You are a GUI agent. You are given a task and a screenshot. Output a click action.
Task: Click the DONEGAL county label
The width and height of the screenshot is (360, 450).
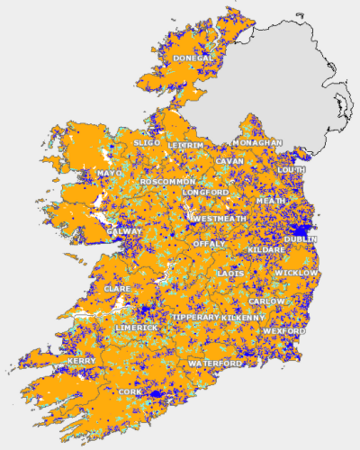(193, 58)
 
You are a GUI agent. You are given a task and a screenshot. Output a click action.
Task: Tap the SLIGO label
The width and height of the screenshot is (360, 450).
(147, 143)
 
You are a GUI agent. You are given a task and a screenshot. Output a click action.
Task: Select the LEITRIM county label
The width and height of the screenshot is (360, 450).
(186, 145)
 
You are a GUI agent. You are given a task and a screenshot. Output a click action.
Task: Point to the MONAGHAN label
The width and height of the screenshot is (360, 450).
(258, 143)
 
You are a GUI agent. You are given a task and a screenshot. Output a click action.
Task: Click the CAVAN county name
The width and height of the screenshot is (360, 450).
(230, 161)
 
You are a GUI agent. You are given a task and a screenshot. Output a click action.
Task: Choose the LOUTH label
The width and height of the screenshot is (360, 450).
(292, 169)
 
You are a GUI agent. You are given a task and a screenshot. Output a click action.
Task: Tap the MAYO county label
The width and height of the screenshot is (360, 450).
(109, 174)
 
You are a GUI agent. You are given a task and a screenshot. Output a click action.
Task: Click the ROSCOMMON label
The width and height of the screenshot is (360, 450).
(168, 182)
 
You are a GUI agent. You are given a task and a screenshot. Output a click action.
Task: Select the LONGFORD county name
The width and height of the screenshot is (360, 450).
(205, 192)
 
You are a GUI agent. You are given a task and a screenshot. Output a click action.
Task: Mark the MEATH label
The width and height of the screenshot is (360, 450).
(271, 200)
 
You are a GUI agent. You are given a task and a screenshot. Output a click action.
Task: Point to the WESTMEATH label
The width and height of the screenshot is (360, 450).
(219, 219)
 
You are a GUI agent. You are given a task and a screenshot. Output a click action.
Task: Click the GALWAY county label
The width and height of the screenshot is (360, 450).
(125, 232)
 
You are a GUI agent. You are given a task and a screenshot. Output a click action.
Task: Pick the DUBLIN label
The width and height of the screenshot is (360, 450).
(301, 240)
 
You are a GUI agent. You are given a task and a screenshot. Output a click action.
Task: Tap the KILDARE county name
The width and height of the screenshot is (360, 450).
(266, 250)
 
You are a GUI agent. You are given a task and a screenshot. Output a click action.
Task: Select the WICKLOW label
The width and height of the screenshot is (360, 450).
(297, 273)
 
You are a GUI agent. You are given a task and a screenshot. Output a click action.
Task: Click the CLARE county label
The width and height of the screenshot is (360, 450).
(117, 289)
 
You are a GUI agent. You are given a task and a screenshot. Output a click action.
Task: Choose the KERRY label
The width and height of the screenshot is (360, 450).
(82, 361)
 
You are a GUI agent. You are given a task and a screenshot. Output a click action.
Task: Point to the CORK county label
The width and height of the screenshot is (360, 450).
(130, 392)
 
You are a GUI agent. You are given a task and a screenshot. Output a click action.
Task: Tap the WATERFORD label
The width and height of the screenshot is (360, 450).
(215, 364)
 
